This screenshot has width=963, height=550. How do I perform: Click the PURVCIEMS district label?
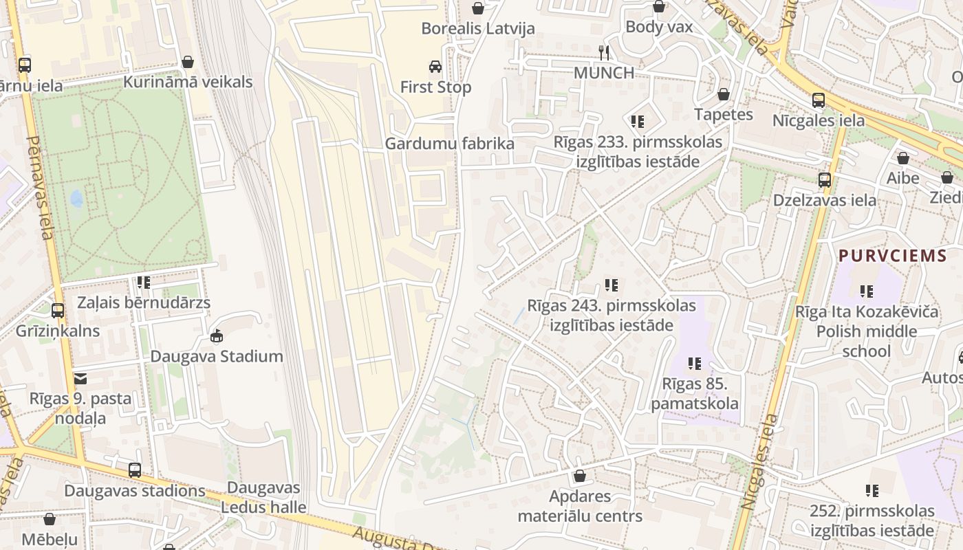[893, 256]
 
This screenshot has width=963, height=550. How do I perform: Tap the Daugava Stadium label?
[217, 356]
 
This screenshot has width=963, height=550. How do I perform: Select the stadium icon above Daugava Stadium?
[217, 335]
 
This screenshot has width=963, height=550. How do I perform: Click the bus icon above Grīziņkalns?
[58, 310]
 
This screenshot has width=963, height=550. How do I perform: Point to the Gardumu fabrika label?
[449, 144]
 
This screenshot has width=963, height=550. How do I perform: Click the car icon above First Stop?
[435, 67]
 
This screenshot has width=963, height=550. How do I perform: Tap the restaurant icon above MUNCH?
[604, 52]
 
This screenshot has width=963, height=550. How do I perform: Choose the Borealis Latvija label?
[477, 29]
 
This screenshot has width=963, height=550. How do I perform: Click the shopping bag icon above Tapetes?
[724, 94]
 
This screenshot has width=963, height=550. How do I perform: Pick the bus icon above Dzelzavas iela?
[825, 180]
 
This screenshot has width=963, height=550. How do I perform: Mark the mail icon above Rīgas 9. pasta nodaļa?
[80, 378]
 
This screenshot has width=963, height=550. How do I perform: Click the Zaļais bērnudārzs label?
[143, 302]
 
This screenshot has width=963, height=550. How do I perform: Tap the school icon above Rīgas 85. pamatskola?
[695, 363]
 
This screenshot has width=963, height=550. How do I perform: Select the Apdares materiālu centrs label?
[580, 506]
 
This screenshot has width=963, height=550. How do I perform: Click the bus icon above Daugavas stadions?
[135, 471]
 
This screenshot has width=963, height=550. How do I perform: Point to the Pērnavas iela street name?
[40, 187]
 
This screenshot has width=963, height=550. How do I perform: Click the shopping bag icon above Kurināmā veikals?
[188, 63]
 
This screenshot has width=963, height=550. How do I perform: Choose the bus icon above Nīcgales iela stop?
[819, 100]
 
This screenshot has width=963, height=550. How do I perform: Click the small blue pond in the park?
[76, 199]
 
